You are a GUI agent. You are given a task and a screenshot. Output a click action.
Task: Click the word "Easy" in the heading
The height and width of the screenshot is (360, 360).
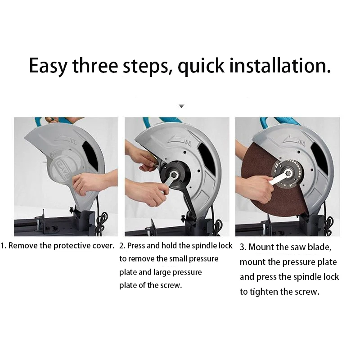tap(48, 66)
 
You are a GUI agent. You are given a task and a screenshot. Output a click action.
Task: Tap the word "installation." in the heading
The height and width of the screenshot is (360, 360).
tap(280, 65)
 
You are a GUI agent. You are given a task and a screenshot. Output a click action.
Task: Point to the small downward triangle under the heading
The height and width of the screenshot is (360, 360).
tap(182, 106)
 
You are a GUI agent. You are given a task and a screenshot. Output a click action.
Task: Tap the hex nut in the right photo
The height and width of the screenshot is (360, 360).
tap(288, 173)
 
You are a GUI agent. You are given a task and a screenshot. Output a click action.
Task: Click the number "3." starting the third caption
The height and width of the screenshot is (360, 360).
tap(243, 247)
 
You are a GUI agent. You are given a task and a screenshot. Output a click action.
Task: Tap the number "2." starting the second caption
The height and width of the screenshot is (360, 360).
tap(122, 246)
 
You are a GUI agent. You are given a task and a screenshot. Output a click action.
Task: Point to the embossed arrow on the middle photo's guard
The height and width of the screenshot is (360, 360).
tap(180, 140)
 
